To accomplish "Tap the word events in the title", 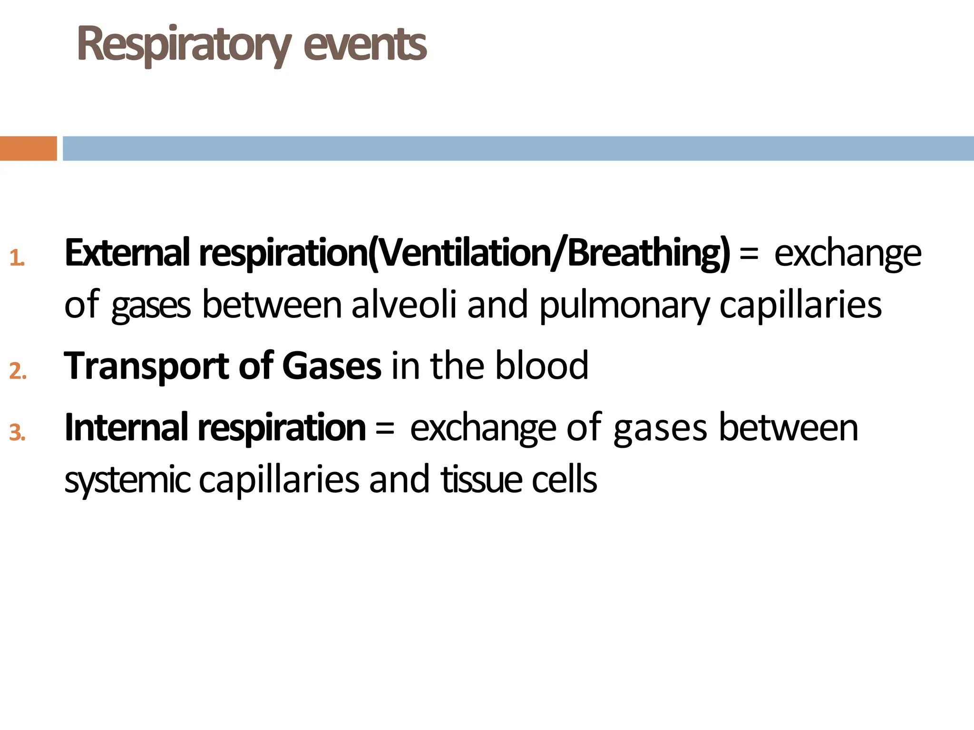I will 365,45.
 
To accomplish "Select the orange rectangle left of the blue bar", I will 28,148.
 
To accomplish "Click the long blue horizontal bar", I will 518,148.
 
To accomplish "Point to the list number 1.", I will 17,258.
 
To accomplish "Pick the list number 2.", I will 18,371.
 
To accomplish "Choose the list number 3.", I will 18,432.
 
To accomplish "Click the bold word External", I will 127,253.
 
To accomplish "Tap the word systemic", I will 127,480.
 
